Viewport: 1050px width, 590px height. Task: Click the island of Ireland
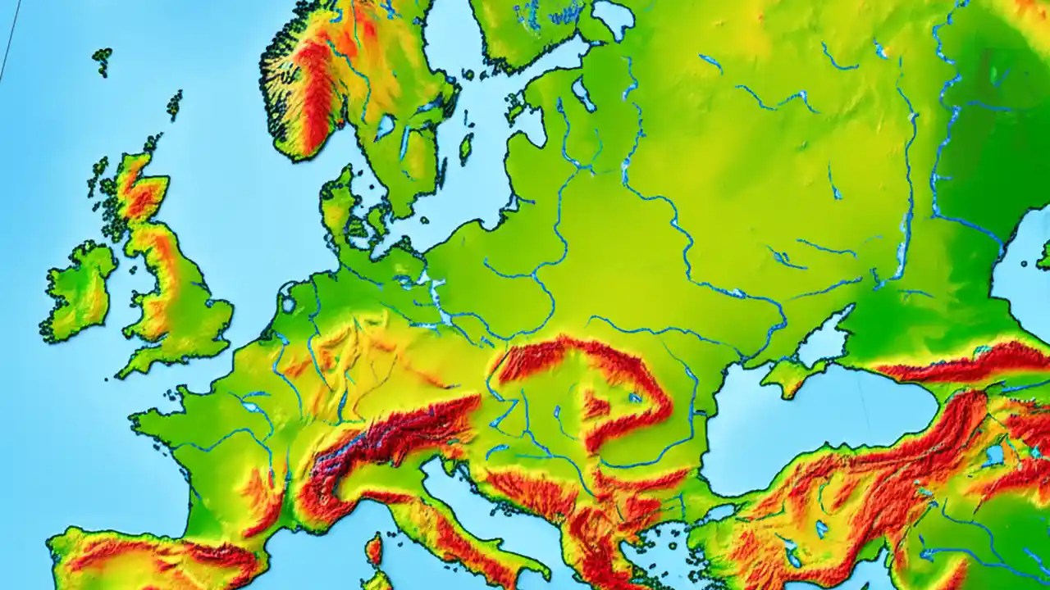pos(80,291)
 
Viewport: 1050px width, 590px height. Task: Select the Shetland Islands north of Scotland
pos(174,104)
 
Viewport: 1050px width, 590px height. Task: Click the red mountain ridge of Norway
pos(316,90)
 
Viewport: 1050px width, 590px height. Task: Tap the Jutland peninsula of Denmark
pos(337,205)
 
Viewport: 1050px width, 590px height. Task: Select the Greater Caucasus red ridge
pos(960,365)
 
